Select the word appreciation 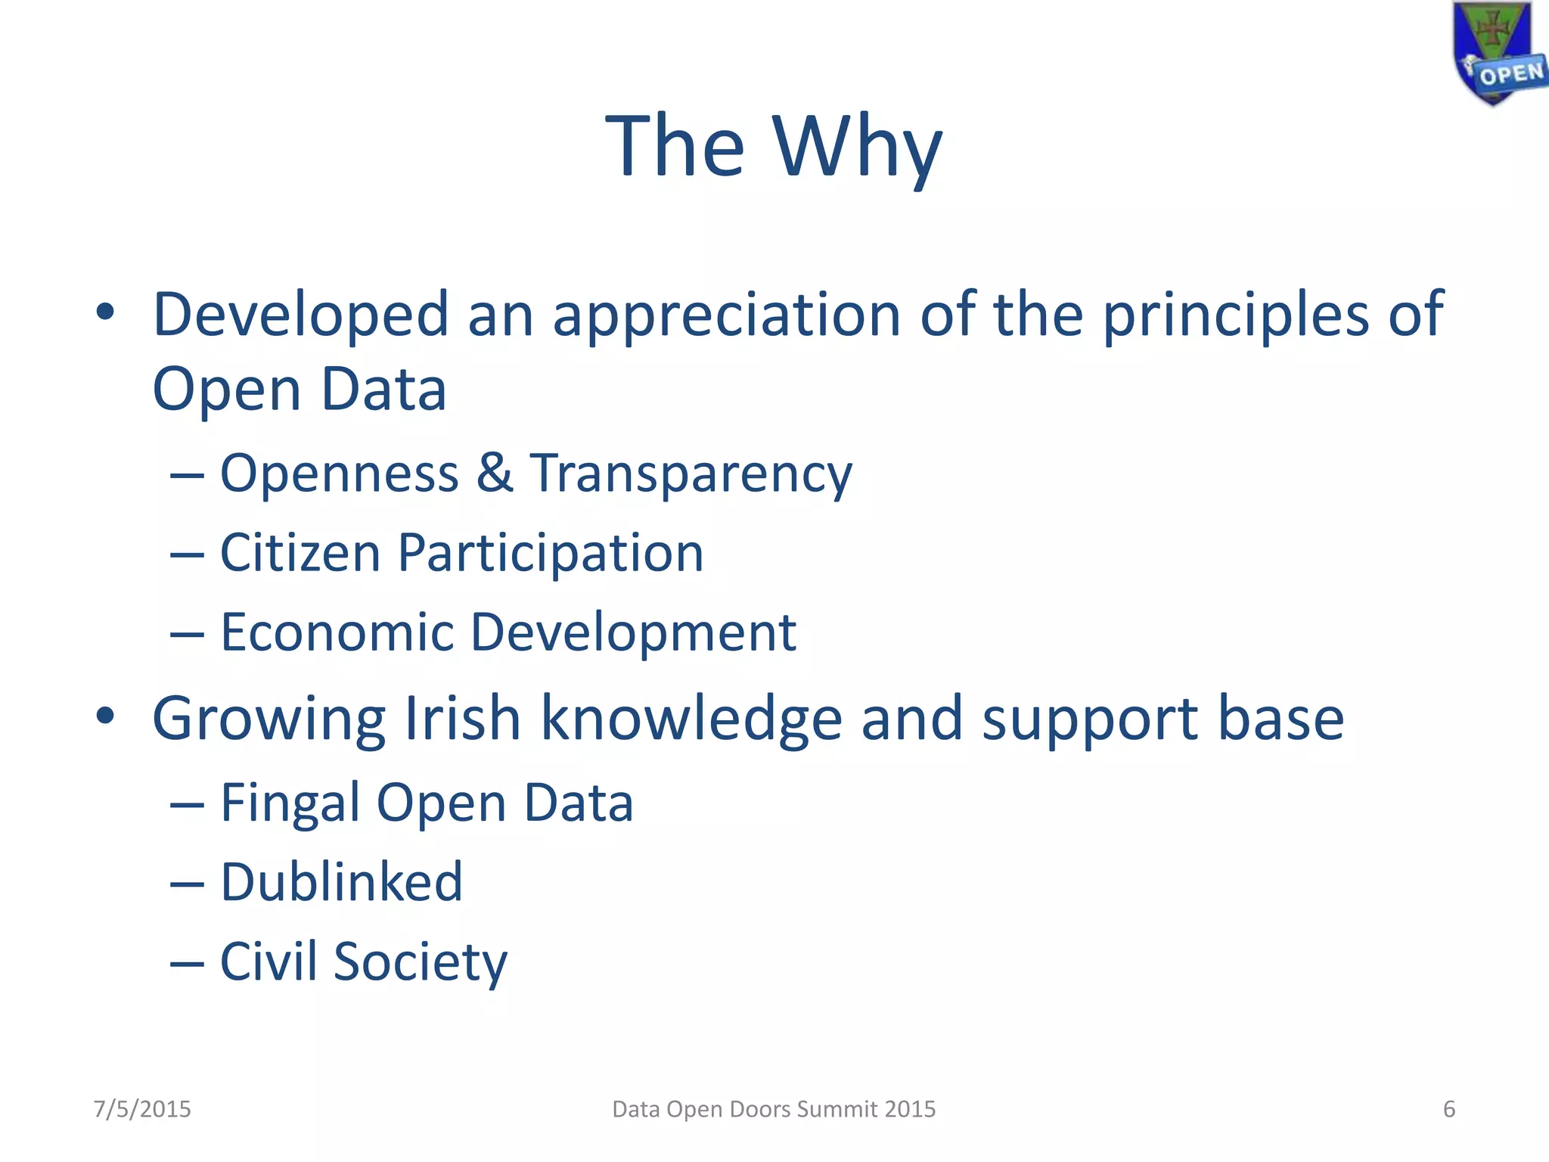click(x=727, y=315)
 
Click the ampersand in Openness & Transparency click(x=494, y=473)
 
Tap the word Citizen click(x=300, y=552)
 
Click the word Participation click(x=551, y=554)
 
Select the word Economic click(x=337, y=632)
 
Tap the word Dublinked click(x=341, y=882)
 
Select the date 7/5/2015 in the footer click(x=142, y=1109)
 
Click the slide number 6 click(x=1449, y=1109)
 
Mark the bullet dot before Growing click(x=105, y=716)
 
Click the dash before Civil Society click(x=187, y=964)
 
